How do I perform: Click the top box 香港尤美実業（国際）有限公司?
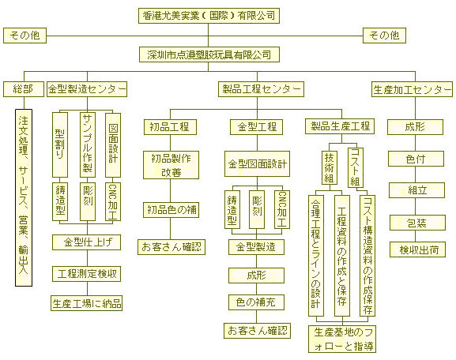[x=209, y=16]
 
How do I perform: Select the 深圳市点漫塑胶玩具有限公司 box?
[x=209, y=54]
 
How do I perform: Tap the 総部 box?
[x=24, y=89]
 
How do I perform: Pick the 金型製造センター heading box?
[x=87, y=89]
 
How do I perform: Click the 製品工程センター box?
[x=261, y=89]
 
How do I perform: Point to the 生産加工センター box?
[x=412, y=89]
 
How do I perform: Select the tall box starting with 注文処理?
[x=24, y=197]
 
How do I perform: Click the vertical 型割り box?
[x=60, y=144]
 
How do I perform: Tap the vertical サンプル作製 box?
[x=88, y=144]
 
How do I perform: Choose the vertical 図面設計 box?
[x=113, y=144]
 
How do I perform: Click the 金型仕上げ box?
[x=86, y=242]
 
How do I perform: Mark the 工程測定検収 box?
[x=86, y=274]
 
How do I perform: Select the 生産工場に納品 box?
[x=86, y=303]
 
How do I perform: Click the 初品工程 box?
[x=170, y=127]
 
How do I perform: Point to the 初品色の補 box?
[x=171, y=210]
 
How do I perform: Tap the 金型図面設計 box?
[x=257, y=164]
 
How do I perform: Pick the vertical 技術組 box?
[x=330, y=167]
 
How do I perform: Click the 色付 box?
[x=416, y=159]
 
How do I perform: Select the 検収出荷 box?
[x=417, y=249]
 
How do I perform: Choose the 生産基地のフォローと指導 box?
[x=342, y=339]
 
